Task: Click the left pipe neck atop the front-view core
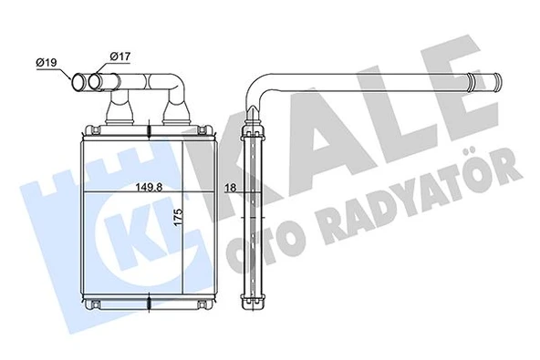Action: pyautogui.click(x=120, y=114)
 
